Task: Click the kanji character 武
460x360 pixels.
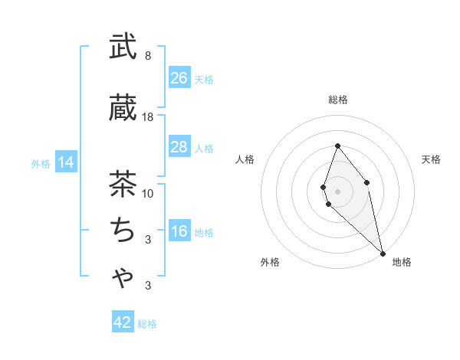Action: [x=123, y=47]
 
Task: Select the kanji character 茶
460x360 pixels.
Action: [x=123, y=184]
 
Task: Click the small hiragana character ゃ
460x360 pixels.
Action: [x=123, y=278]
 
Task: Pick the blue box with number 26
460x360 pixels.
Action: [x=179, y=78]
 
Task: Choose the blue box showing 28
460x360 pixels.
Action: [x=179, y=147]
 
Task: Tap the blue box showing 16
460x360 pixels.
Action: [x=179, y=232]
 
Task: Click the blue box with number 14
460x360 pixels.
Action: [x=66, y=162]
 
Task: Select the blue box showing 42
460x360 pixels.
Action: [x=123, y=322]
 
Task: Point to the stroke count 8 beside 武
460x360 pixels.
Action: [x=147, y=56]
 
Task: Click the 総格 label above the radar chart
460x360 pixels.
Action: [x=337, y=100]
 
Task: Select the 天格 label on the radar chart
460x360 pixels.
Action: [x=431, y=159]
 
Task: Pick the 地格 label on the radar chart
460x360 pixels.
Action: [x=402, y=262]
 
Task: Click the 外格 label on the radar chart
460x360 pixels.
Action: [x=270, y=262]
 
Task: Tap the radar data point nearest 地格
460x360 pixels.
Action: [x=383, y=253]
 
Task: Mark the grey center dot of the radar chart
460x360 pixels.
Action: [x=337, y=191]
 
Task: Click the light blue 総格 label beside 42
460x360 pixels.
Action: [x=147, y=324]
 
